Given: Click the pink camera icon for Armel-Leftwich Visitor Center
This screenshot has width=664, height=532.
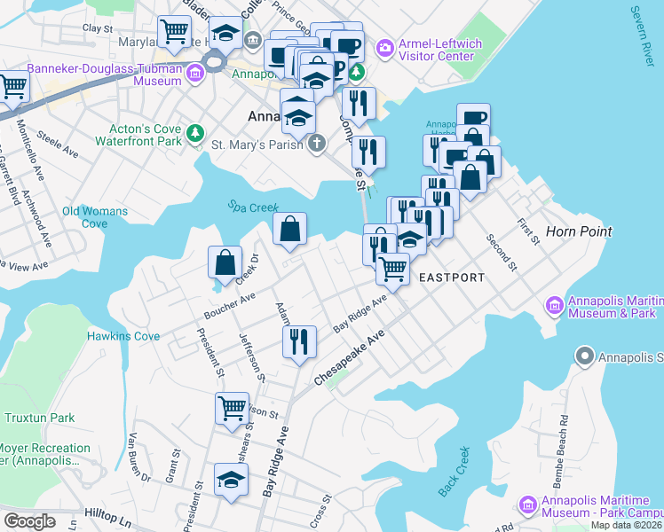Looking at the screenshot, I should pyautogui.click(x=385, y=46).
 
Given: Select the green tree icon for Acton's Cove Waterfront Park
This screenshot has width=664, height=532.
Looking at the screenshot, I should pyautogui.click(x=194, y=133).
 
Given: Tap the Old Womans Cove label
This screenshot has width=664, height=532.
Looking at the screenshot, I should pyautogui.click(x=95, y=217).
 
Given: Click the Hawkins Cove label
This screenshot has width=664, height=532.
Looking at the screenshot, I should pyautogui.click(x=123, y=336).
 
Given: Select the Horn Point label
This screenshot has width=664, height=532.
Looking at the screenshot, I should pyautogui.click(x=580, y=231).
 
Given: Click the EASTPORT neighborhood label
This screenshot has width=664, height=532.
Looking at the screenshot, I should pyautogui.click(x=452, y=278).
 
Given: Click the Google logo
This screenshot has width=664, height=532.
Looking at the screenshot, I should pyautogui.click(x=29, y=521).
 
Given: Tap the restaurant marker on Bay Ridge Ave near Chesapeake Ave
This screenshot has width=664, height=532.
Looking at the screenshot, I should pyautogui.click(x=299, y=341).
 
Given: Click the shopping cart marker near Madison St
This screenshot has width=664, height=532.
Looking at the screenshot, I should pyautogui.click(x=232, y=409).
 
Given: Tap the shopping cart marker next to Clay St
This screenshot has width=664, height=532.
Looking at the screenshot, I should pyautogui.click(x=174, y=32).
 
